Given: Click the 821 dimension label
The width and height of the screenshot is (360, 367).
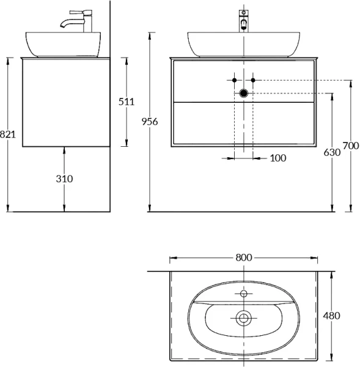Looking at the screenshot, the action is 8,135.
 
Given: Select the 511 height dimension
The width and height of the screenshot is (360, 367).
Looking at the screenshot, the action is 127,102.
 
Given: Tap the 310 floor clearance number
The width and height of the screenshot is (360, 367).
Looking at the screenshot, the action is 64,179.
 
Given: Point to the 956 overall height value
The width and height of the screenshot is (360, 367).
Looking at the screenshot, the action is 150,122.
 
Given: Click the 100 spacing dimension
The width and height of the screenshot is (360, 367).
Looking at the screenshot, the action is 278,158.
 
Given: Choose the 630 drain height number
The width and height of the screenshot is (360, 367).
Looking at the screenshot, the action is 332,152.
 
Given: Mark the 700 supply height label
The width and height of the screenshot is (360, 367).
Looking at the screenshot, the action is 351,146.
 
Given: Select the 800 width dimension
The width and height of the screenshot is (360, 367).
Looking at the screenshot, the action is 244,258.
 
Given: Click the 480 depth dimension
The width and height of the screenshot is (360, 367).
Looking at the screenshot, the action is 331,316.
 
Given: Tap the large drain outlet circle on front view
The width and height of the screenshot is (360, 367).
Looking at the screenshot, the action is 244,93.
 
